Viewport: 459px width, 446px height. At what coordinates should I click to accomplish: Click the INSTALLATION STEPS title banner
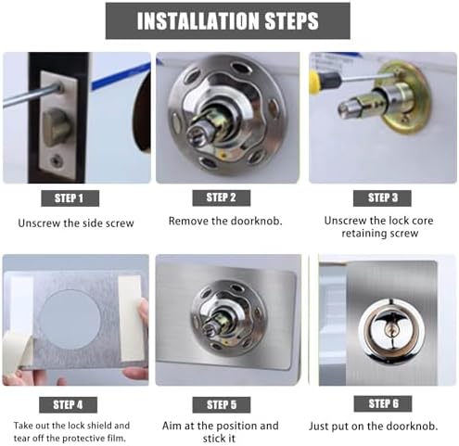click(x=227, y=20)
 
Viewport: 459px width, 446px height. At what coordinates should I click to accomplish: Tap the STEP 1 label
click(x=70, y=198)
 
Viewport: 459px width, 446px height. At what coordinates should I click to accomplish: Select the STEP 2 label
click(x=221, y=198)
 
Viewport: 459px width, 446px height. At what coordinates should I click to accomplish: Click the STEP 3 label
click(x=382, y=198)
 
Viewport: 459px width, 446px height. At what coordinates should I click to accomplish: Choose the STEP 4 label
click(x=70, y=404)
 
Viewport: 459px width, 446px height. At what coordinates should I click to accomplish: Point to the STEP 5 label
click(x=221, y=404)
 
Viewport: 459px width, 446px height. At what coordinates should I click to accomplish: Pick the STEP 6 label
click(x=382, y=403)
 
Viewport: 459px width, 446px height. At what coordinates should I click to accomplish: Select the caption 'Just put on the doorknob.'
click(x=382, y=426)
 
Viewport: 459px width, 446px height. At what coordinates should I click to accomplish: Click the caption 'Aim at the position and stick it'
click(x=227, y=431)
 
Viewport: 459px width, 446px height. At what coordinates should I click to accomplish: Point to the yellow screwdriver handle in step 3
click(x=316, y=82)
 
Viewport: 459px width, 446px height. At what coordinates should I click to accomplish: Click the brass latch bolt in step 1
click(x=57, y=126)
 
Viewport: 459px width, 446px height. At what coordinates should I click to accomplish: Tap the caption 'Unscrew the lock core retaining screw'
click(x=382, y=227)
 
